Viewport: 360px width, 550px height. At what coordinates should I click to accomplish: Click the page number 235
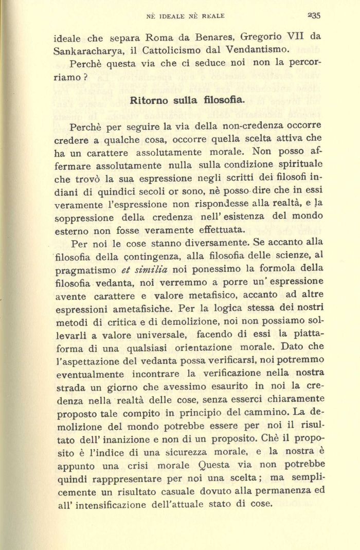314,16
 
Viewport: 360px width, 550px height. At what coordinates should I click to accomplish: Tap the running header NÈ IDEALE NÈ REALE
186,16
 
